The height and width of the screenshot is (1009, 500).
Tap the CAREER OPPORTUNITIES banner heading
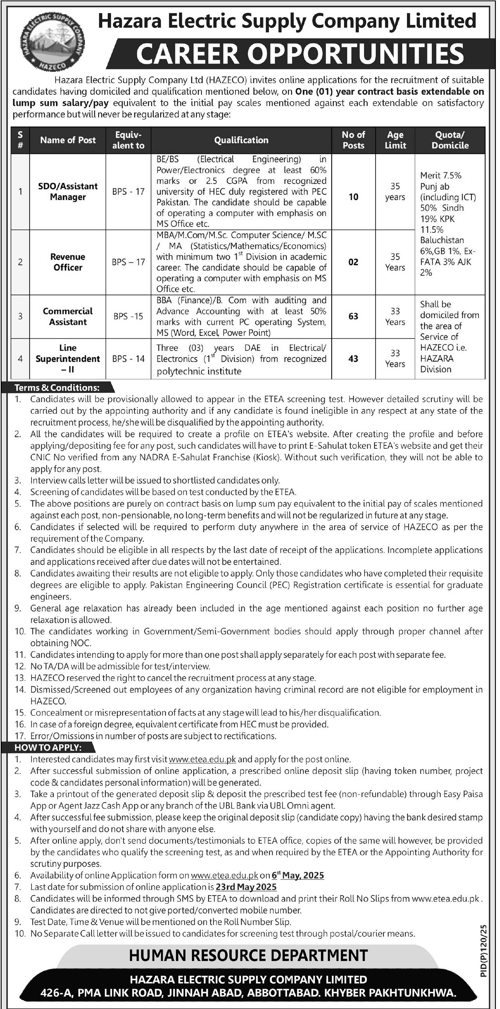click(x=299, y=54)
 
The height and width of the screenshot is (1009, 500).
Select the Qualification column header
click(x=241, y=140)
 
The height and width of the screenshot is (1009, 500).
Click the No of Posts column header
click(x=353, y=140)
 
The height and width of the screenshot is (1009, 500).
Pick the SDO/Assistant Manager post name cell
click(x=68, y=191)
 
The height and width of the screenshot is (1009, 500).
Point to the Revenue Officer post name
click(x=68, y=262)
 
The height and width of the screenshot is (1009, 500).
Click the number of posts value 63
click(x=353, y=316)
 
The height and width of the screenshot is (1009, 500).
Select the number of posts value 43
click(x=353, y=359)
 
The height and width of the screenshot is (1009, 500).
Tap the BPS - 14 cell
click(x=128, y=359)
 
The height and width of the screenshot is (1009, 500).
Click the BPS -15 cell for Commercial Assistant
click(x=128, y=316)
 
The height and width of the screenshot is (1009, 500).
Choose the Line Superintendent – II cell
click(x=68, y=359)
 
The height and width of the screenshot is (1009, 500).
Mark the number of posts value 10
click(x=353, y=197)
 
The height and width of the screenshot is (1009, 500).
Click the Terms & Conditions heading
click(x=57, y=388)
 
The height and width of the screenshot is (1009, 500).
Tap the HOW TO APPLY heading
click(x=48, y=747)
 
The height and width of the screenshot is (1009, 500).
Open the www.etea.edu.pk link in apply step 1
click(x=202, y=759)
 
